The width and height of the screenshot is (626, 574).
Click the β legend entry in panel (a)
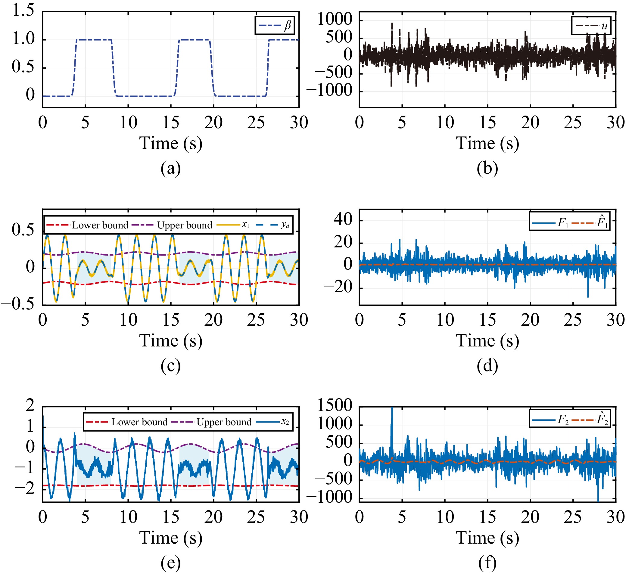287,26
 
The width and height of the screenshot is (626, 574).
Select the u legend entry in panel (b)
604,26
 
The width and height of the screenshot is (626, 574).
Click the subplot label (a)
170,169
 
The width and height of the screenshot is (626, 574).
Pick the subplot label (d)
487,366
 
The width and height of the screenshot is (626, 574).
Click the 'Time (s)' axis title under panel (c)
170,341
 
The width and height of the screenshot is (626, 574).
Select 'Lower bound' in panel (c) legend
100,225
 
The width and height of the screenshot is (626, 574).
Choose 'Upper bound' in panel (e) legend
224,422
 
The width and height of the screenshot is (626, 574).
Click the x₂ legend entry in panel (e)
285,422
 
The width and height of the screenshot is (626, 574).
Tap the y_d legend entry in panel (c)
285,225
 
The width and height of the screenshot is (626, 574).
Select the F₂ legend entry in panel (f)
563,420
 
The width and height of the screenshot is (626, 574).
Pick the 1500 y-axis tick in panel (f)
335,405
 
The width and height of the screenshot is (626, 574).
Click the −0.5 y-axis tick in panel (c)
17,304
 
